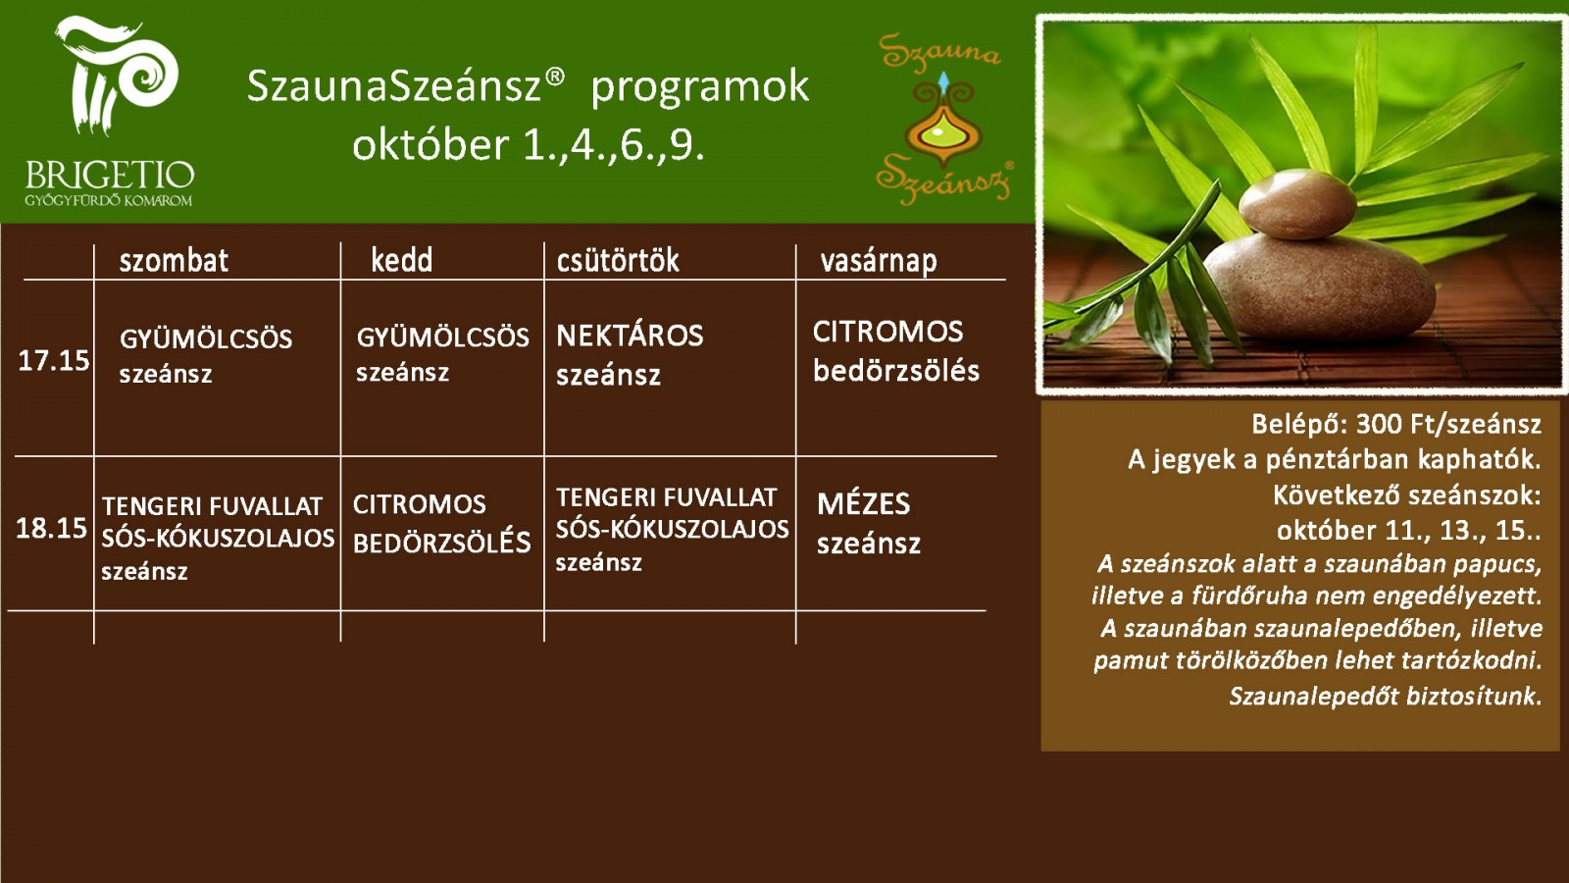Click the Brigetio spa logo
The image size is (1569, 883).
pos(110,112)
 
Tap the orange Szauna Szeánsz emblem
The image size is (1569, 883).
pos(942,119)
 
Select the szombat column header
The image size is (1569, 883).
pos(174,261)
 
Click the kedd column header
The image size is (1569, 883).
pos(401,260)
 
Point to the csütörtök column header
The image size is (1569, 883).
pos(618,260)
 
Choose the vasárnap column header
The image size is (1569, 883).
pos(879,261)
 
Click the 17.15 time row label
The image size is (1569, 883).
pos(53,360)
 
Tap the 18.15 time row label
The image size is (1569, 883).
pos(51,528)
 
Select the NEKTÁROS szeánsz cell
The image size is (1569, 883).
pos(629,355)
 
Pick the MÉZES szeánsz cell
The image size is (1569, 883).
pos(869,524)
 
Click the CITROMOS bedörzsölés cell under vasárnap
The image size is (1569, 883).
pos(896,352)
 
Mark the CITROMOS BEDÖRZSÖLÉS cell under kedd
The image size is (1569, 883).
pos(441,524)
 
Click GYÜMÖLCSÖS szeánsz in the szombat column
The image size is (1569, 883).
pos(205,356)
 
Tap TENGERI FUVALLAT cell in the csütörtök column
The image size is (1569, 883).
pos(672,530)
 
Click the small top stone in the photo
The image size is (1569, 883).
pos(1296,204)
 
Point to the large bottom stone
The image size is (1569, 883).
pos(1319,287)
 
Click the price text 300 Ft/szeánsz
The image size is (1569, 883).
pos(1448,424)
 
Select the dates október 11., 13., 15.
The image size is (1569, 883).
pos(1408,531)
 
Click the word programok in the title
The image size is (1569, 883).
pos(700,88)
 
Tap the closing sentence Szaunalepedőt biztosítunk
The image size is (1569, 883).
pos(1386,696)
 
